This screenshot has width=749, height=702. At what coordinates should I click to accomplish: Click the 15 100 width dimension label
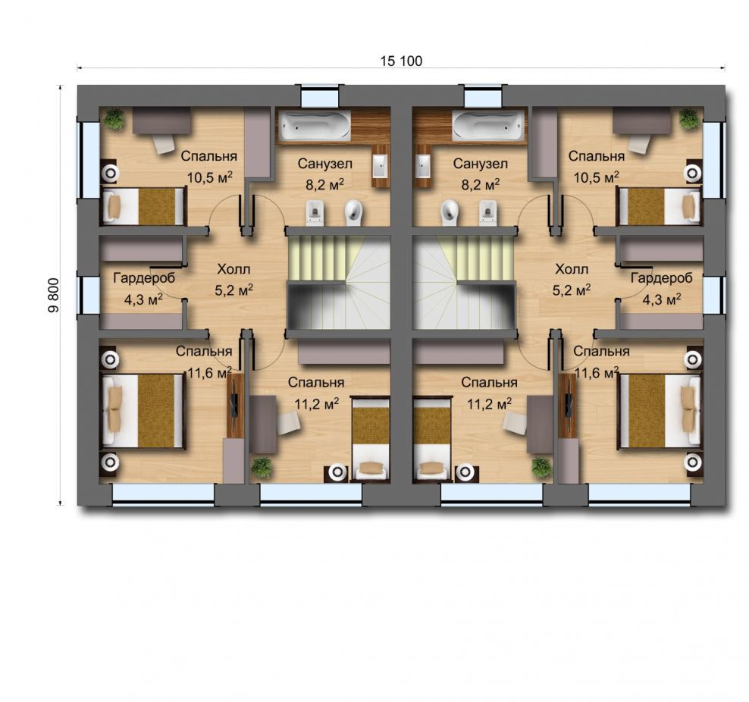coord(401,61)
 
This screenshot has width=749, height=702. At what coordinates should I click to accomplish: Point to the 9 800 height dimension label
coord(54,295)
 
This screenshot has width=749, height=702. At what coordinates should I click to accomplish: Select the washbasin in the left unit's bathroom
coord(381,166)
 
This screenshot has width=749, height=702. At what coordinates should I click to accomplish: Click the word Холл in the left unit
coord(233,269)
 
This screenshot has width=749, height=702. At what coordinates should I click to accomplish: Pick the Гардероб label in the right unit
coord(662,278)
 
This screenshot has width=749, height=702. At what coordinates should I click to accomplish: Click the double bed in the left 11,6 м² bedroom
coord(143,411)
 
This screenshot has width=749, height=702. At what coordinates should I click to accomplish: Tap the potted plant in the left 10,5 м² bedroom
coord(114,118)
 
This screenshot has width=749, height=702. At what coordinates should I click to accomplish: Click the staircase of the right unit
coord(463,284)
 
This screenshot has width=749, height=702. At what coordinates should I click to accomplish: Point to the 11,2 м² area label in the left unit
coord(317,404)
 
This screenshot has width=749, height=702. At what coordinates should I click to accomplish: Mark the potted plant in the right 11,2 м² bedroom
coord(542,468)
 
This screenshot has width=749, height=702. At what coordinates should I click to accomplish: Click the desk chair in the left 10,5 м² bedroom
coord(163,143)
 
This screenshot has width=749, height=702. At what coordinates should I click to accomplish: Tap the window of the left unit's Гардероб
coord(89,295)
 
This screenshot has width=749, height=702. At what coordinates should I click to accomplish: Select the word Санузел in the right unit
coord(480,164)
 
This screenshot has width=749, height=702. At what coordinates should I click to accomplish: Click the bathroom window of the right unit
coord(483,96)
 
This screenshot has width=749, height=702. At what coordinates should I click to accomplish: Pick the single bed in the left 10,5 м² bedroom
coord(143,206)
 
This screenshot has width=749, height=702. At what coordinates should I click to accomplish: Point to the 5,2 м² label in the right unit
coord(572,290)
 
